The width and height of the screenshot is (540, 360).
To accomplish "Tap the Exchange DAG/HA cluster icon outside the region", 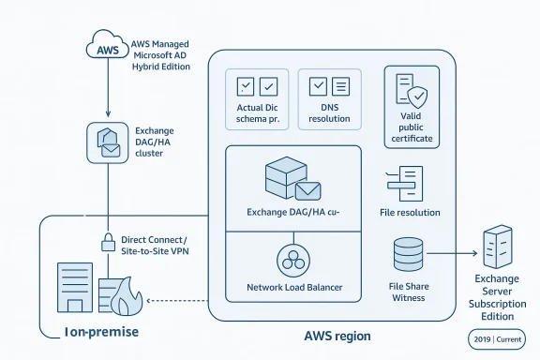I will (108, 141).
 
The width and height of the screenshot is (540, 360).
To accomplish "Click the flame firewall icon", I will (123, 300).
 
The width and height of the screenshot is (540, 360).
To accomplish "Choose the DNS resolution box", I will (329, 99).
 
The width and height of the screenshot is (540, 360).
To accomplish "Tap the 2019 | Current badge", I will (496, 338).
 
